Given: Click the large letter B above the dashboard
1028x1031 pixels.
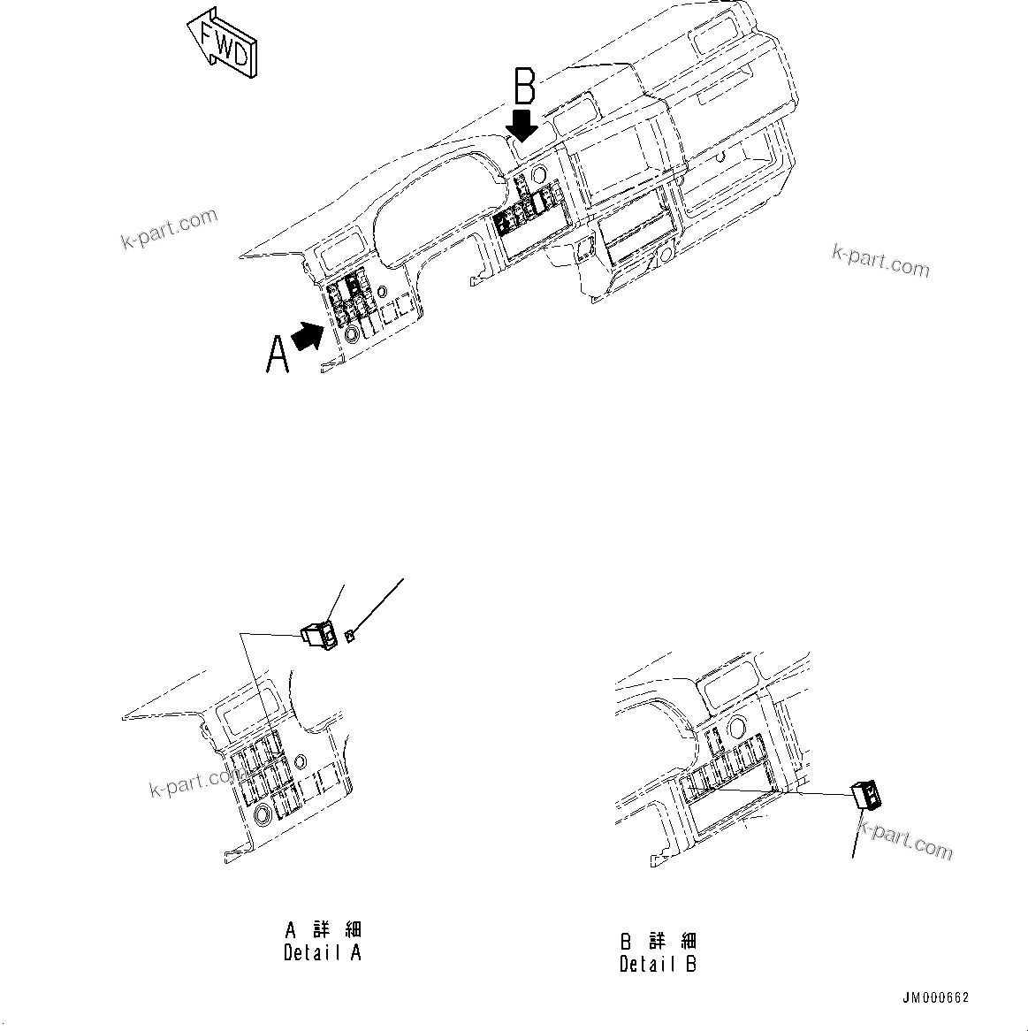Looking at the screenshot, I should [525, 89].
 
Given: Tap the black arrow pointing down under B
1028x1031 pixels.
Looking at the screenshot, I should [524, 125].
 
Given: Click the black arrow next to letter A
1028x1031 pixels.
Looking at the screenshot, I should [307, 337].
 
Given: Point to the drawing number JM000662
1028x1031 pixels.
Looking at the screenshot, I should [935, 997].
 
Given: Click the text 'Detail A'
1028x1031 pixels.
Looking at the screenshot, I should [322, 953].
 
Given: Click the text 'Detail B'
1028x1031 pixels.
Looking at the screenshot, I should [658, 964].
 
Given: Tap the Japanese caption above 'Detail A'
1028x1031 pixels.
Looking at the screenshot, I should [323, 930].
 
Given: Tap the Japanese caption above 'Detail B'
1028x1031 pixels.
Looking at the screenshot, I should [658, 940].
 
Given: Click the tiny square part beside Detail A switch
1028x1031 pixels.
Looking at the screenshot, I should [351, 634].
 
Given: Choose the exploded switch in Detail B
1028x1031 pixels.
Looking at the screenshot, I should [866, 795].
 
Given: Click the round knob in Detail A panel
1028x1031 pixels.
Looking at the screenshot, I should [263, 814].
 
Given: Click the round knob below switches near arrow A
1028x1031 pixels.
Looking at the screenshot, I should [352, 334].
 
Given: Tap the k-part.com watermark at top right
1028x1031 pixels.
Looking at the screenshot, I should [880, 261].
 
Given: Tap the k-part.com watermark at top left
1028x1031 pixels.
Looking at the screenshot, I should [169, 228].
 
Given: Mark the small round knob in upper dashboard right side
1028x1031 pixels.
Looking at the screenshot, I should [662, 256].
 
